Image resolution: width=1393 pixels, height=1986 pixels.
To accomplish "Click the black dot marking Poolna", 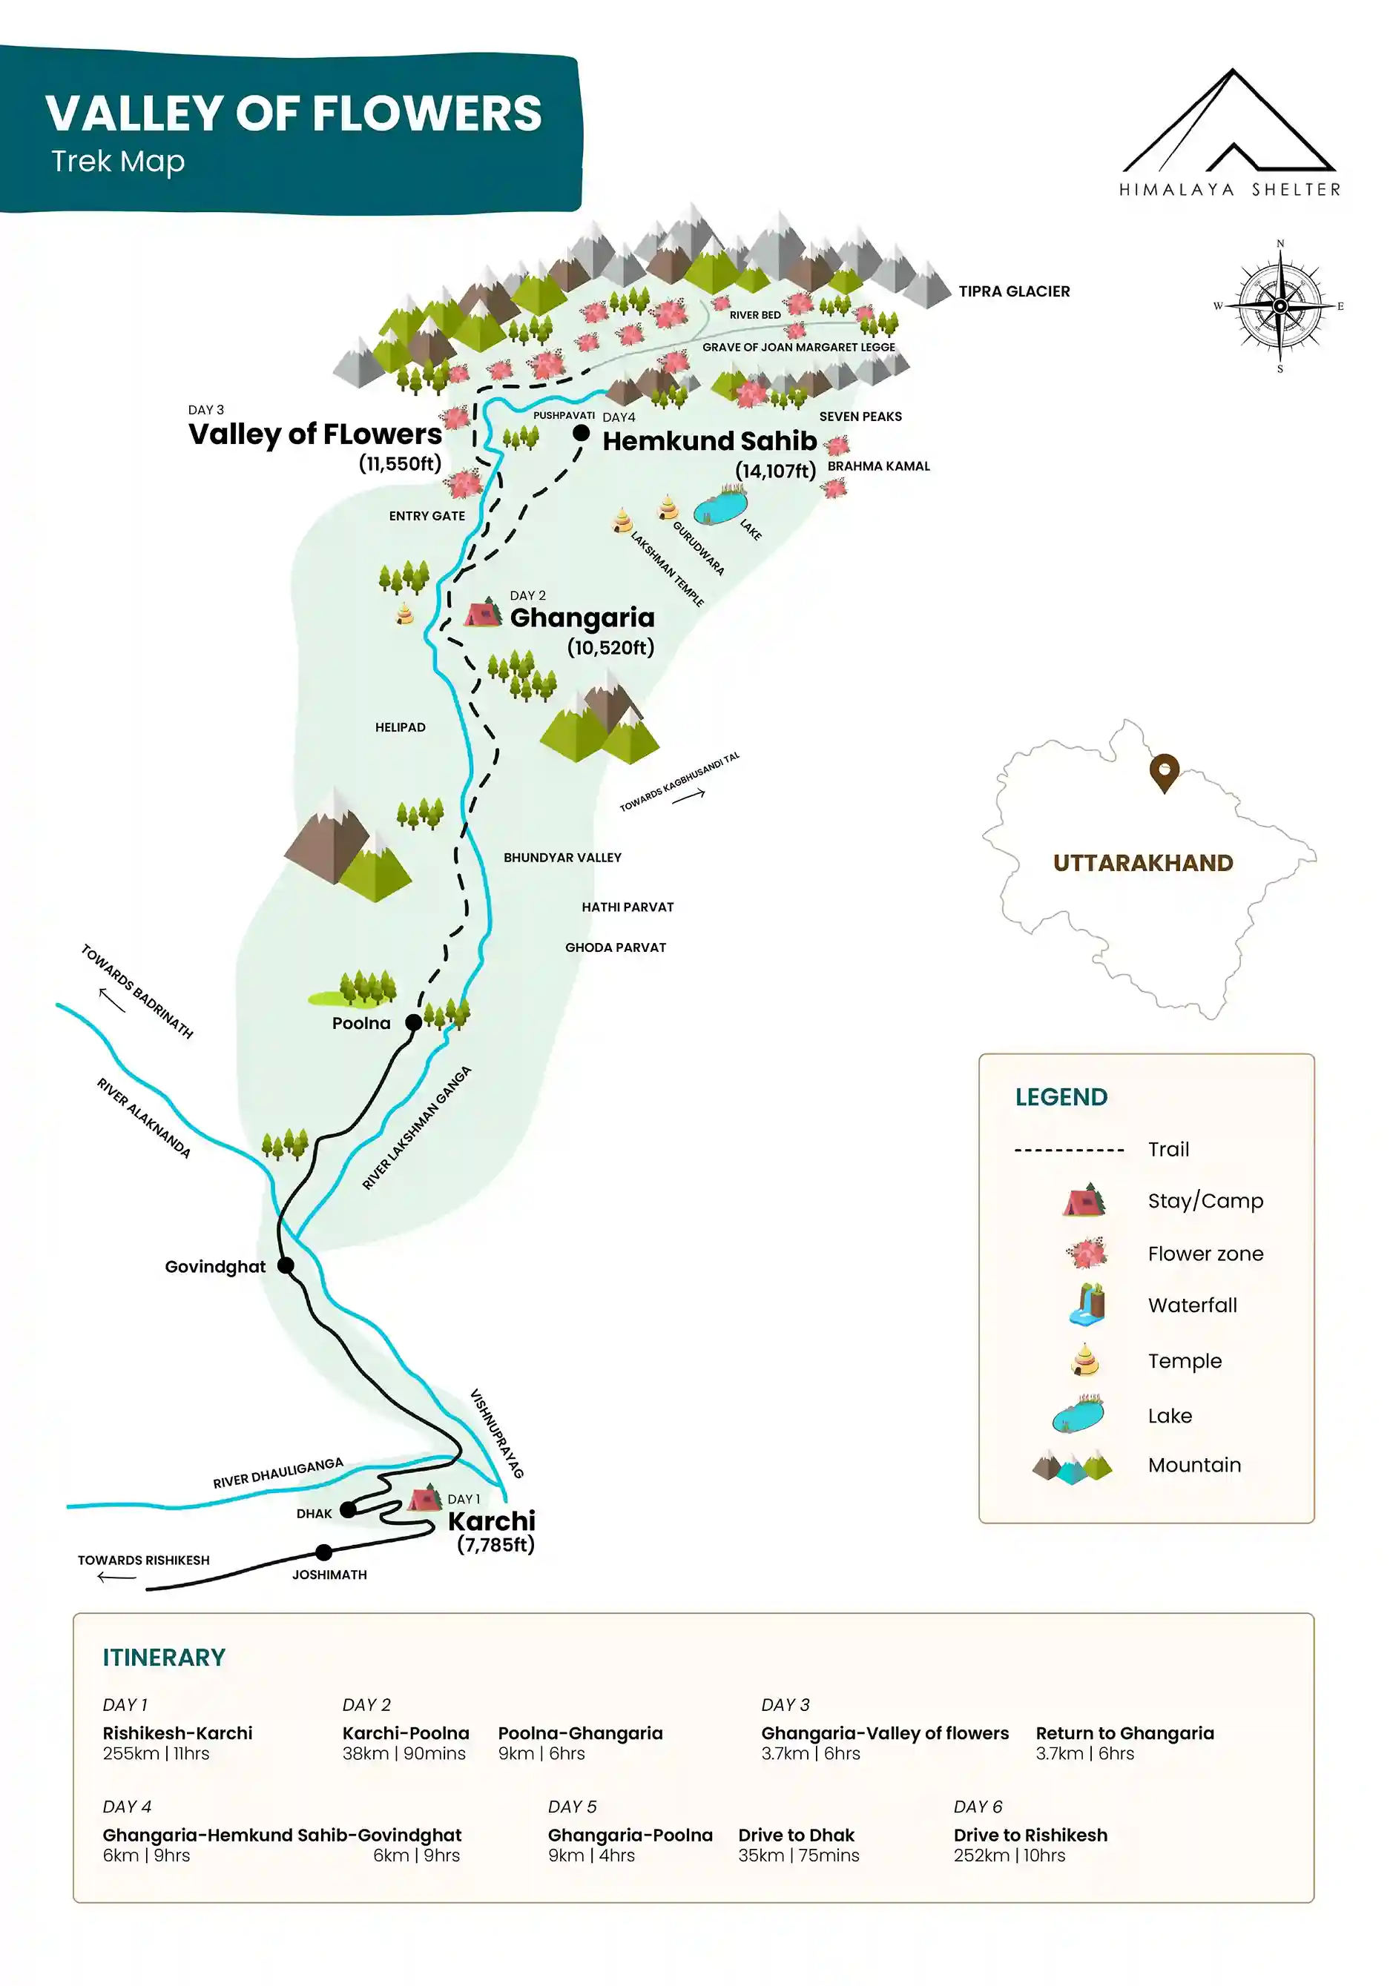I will point(414,1022).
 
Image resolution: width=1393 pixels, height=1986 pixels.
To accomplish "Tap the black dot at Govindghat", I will point(286,1265).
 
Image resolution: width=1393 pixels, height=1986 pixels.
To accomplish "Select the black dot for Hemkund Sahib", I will point(582,432).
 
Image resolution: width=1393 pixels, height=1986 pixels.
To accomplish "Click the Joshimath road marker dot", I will point(323,1552).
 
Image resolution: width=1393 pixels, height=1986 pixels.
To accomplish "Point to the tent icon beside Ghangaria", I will point(483,612).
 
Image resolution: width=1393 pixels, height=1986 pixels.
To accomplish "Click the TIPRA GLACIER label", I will point(1013,291).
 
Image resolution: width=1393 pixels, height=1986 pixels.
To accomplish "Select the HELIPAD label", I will point(400,727).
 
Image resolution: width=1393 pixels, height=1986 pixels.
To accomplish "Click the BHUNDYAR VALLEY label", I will point(562,857).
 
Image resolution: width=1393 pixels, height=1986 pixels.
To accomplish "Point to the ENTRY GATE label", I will point(427,515).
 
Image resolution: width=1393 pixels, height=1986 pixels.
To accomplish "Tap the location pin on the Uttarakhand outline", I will point(1164,772).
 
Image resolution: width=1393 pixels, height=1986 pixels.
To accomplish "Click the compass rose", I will point(1280,306).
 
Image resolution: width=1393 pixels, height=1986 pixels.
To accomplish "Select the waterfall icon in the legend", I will point(1087,1305).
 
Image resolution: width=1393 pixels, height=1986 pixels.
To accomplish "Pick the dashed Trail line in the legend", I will point(1069,1151).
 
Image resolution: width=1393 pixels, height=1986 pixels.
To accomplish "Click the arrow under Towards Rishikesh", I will point(116,1578).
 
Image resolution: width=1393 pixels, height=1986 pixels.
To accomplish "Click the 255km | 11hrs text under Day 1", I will point(156,1753).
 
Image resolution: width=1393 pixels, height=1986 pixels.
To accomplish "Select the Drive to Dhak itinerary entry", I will point(796,1835).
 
